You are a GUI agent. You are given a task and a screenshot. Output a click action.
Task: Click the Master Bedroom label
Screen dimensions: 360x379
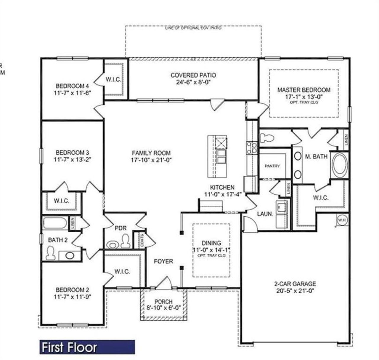point(303,90)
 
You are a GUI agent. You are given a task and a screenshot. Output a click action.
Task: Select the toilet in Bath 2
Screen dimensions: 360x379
point(50,253)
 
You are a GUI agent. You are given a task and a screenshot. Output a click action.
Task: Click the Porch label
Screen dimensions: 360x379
point(163,302)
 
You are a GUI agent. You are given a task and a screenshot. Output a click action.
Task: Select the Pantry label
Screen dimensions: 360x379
point(272,166)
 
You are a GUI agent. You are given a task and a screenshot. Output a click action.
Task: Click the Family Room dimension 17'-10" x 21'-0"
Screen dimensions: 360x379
point(151,160)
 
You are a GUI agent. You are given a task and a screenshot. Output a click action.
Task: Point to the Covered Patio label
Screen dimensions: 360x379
point(193,75)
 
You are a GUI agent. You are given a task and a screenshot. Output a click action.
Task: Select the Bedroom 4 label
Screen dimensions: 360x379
point(72,86)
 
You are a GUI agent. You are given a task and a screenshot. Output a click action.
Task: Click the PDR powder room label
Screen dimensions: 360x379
point(121,228)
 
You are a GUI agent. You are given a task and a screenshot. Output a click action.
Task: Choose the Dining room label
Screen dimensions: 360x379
point(211,243)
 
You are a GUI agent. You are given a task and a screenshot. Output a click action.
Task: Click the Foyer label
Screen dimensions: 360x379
point(163,261)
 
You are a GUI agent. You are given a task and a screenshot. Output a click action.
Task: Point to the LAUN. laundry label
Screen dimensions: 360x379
point(265,214)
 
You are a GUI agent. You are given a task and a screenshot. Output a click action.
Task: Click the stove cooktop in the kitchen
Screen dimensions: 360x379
point(251,148)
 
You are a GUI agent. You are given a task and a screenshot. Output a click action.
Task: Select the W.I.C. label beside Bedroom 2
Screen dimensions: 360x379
point(122,271)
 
